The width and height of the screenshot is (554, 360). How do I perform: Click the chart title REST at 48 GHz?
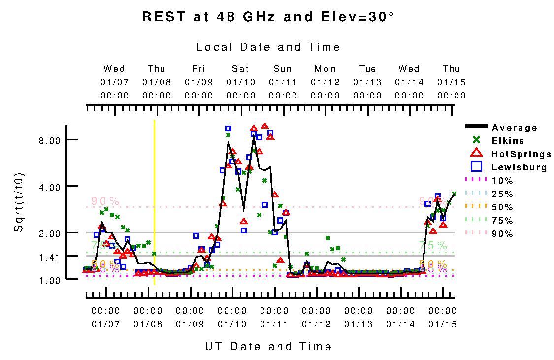tap(268, 17)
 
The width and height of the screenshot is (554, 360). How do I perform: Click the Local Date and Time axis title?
tap(268, 47)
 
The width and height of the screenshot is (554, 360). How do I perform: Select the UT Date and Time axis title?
tap(268, 347)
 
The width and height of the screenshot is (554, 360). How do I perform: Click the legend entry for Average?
tap(515, 128)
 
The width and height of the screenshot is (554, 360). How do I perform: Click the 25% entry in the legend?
tap(502, 194)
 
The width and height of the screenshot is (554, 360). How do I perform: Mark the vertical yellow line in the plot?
tap(155, 202)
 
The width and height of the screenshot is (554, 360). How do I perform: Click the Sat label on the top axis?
tap(241, 69)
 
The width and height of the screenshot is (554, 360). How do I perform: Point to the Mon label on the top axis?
tap(325, 69)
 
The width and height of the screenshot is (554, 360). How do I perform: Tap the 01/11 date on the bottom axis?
tap(274, 324)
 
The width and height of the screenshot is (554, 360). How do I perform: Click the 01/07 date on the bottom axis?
tap(106, 324)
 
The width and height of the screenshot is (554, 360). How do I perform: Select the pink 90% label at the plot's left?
tap(105, 201)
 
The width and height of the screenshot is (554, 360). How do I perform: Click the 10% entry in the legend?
tap(502, 181)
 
